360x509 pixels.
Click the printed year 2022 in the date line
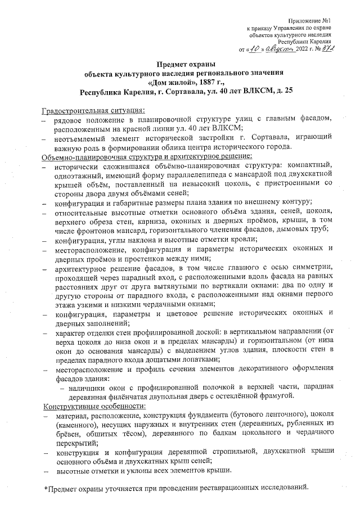coord(304,49)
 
